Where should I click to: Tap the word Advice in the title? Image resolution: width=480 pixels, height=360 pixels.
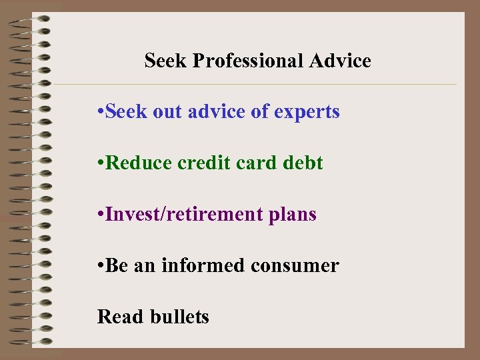tap(340, 61)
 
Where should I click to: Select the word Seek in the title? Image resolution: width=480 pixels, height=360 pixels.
tap(166, 61)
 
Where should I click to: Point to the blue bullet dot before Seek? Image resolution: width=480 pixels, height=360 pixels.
tap(100, 113)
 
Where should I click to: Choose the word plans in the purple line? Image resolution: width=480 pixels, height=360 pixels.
tap(294, 215)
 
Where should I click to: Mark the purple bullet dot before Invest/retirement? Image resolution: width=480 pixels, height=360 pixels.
tap(100, 215)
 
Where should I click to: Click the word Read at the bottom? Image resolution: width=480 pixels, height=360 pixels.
tap(121, 317)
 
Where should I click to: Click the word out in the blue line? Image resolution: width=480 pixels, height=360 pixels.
tap(171, 112)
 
